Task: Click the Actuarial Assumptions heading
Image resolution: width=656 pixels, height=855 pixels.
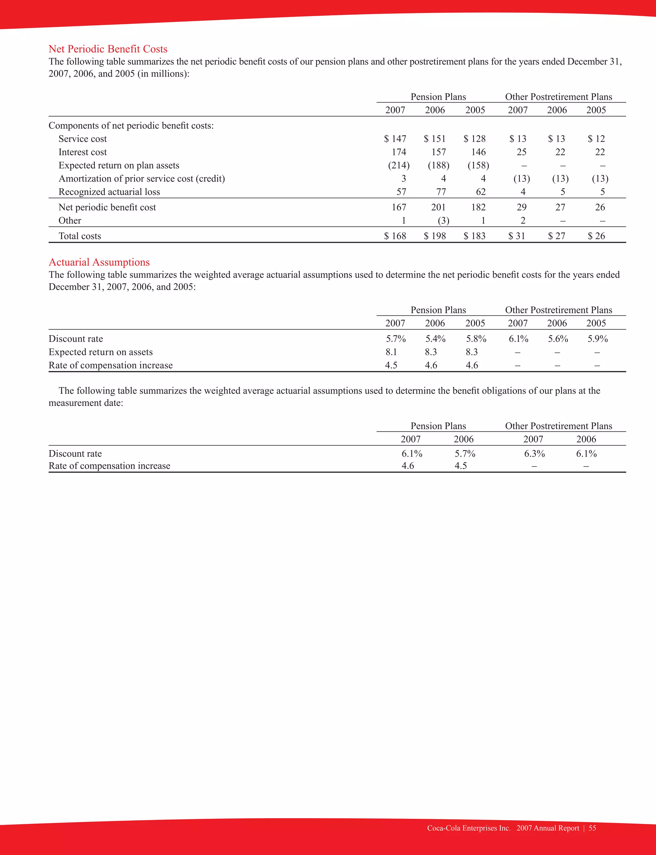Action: (x=99, y=262)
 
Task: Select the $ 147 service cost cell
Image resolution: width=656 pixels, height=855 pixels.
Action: (x=395, y=139)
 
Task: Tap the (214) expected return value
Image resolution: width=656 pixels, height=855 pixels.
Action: (x=399, y=165)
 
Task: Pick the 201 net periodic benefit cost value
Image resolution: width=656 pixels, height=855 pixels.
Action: (x=438, y=207)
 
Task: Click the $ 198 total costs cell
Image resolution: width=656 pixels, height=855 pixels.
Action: (x=435, y=236)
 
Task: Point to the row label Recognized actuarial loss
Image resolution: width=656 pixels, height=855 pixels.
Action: (x=109, y=192)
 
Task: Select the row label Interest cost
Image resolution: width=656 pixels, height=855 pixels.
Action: (x=82, y=152)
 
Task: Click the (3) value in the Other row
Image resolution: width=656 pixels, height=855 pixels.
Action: (x=443, y=221)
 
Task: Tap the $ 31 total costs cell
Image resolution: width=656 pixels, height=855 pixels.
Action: (x=517, y=236)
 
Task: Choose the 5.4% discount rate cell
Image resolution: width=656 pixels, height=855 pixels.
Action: (x=435, y=339)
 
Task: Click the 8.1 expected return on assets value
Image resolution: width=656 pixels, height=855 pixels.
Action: (x=391, y=352)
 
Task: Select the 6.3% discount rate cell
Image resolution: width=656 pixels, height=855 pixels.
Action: (x=534, y=454)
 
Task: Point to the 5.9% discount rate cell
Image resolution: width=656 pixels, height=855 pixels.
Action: (x=597, y=339)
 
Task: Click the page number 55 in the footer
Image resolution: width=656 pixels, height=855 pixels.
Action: (x=592, y=828)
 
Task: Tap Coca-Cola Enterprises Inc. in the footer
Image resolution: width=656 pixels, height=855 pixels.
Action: (x=469, y=828)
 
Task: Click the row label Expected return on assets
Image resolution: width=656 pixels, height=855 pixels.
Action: (x=101, y=352)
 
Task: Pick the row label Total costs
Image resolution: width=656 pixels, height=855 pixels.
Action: (x=80, y=236)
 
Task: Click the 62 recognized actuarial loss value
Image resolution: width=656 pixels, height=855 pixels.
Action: (x=481, y=192)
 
